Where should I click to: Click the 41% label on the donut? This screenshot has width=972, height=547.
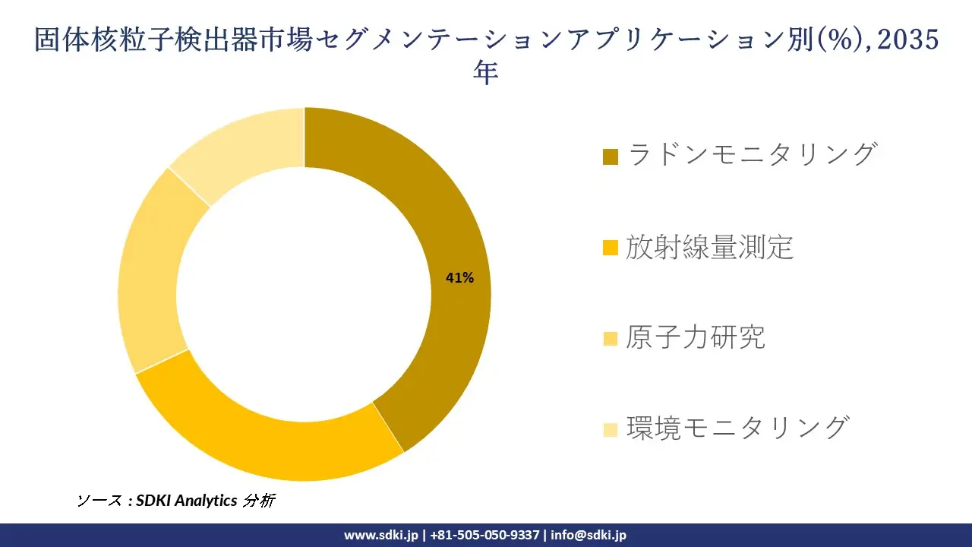pyautogui.click(x=459, y=278)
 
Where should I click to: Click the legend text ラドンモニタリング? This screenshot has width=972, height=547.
pyautogui.click(x=752, y=154)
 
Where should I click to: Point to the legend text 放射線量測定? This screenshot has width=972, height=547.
pyautogui.click(x=710, y=247)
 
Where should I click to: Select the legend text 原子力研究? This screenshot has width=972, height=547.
pyautogui.click(x=696, y=337)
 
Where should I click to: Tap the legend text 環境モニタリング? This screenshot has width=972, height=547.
pyautogui.click(x=737, y=428)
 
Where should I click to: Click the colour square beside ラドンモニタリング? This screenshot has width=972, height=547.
pyautogui.click(x=611, y=157)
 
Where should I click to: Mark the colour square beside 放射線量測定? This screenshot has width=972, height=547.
pyautogui.click(x=611, y=248)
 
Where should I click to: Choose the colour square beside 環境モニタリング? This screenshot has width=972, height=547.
pyautogui.click(x=611, y=430)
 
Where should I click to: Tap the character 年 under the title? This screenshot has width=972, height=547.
pyautogui.click(x=486, y=73)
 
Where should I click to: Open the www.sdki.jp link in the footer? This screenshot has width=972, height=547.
pyautogui.click(x=380, y=535)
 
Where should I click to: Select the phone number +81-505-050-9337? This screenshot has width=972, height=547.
pyautogui.click(x=485, y=535)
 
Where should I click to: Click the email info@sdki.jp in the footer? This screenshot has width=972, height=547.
pyautogui.click(x=589, y=535)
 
